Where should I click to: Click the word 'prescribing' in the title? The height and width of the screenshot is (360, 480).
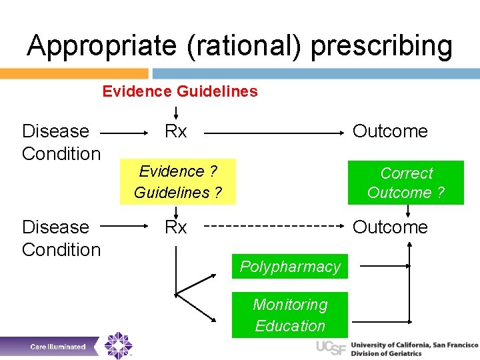pyautogui.click(x=381, y=47)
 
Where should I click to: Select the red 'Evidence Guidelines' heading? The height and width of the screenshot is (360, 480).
pyautogui.click(x=180, y=91)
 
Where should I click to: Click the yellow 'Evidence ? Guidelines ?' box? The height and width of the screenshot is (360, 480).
pyautogui.click(x=177, y=182)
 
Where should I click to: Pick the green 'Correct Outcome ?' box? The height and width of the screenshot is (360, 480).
pyautogui.click(x=406, y=183)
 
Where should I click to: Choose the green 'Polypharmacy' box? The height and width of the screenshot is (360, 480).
pyautogui.click(x=290, y=267)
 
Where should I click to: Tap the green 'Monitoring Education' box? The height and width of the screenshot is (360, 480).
pyautogui.click(x=290, y=315)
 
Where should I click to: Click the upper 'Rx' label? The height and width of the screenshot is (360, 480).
pyautogui.click(x=176, y=131)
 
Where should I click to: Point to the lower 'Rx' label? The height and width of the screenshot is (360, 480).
pyautogui.click(x=176, y=227)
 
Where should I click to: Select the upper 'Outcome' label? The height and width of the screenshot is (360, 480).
pyautogui.click(x=390, y=131)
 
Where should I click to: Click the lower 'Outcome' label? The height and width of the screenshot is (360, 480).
pyautogui.click(x=390, y=227)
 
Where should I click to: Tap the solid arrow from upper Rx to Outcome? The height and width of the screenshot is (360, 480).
pyautogui.click(x=273, y=133)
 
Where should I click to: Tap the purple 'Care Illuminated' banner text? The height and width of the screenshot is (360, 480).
pyautogui.click(x=58, y=347)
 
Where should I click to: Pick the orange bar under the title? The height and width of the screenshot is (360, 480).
pyautogui.click(x=74, y=73)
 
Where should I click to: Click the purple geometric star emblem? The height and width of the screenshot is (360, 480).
pyautogui.click(x=119, y=345)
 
